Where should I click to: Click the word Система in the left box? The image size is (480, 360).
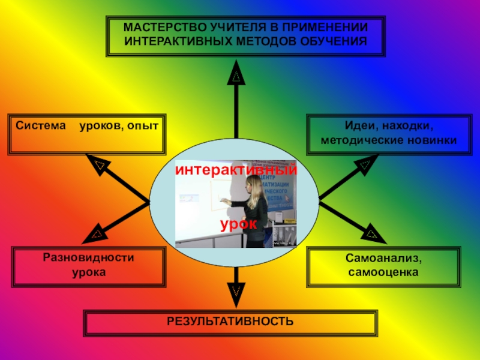40,127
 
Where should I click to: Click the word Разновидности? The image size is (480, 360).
88,257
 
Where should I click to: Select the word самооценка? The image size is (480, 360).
383,272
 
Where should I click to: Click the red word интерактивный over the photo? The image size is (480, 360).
236,170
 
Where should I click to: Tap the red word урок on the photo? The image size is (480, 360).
238,224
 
